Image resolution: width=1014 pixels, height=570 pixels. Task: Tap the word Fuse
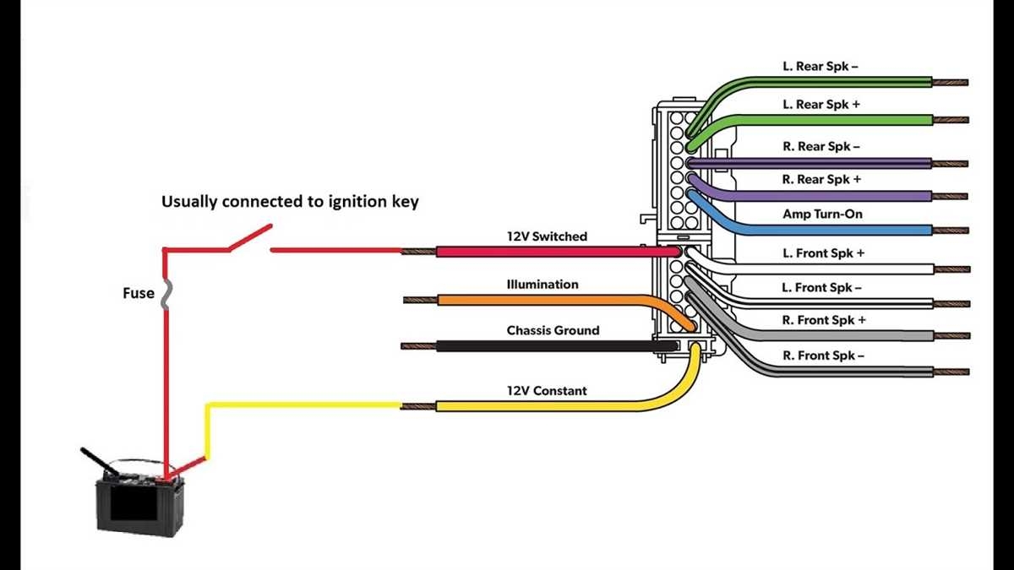(137, 293)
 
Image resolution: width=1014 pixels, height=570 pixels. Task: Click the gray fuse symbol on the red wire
(165, 293)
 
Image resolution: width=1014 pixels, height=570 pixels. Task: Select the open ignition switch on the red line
(249, 238)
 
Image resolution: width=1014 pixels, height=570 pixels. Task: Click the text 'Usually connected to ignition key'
(290, 203)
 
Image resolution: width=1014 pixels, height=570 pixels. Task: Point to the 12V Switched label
(547, 236)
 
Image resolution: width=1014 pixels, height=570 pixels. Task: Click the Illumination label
(542, 285)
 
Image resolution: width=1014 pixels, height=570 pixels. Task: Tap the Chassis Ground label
(553, 330)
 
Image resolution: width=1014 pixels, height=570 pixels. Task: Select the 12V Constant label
(546, 391)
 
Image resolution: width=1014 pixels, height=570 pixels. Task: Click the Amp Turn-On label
(822, 214)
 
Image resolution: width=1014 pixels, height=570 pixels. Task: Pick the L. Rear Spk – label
(820, 66)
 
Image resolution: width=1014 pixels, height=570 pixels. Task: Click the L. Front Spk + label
(823, 252)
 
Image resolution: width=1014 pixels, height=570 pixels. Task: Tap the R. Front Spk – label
(823, 356)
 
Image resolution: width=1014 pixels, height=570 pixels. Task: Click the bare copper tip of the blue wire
(951, 230)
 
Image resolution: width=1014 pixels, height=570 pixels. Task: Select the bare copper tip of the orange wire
(420, 300)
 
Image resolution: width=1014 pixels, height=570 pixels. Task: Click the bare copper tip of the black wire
(418, 345)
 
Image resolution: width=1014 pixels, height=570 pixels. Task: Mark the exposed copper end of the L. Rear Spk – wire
(951, 83)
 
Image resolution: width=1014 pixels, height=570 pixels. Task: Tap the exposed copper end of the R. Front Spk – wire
(951, 372)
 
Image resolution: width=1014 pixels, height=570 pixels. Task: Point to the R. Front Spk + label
(823, 321)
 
